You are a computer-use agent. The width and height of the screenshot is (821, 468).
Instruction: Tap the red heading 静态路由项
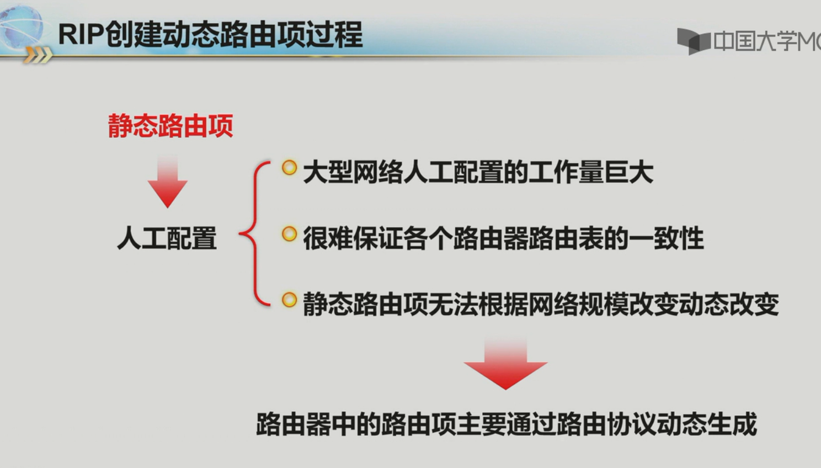[x=170, y=126]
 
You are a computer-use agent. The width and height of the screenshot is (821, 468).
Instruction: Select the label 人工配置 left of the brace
[x=167, y=238]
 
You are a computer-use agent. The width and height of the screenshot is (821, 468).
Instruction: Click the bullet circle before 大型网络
[x=289, y=168]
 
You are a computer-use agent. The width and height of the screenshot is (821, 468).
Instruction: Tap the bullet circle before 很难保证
[x=289, y=234]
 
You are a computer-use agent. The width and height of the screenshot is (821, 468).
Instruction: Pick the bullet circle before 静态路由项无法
[x=289, y=300]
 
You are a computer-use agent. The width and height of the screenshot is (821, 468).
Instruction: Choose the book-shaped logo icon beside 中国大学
[x=693, y=41]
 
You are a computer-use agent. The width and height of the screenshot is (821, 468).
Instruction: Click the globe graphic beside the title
[x=21, y=28]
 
